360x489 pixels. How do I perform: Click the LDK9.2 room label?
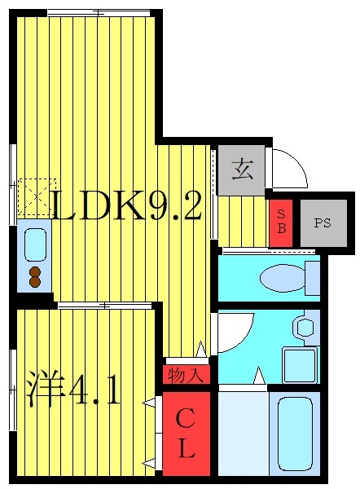click(126, 207)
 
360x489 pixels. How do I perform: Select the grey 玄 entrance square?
click(241, 170)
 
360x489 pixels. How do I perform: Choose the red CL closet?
click(186, 434)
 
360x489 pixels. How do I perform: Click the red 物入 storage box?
click(187, 375)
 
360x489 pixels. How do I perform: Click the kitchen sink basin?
click(35, 243)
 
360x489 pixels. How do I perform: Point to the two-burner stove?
click(35, 275)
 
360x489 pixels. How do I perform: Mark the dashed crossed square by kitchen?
click(35, 197)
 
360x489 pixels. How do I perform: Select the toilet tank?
click(311, 279)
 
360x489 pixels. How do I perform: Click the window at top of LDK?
click(99, 12)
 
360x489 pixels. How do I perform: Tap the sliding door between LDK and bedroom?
click(106, 306)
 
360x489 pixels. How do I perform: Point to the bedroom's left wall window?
click(11, 390)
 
